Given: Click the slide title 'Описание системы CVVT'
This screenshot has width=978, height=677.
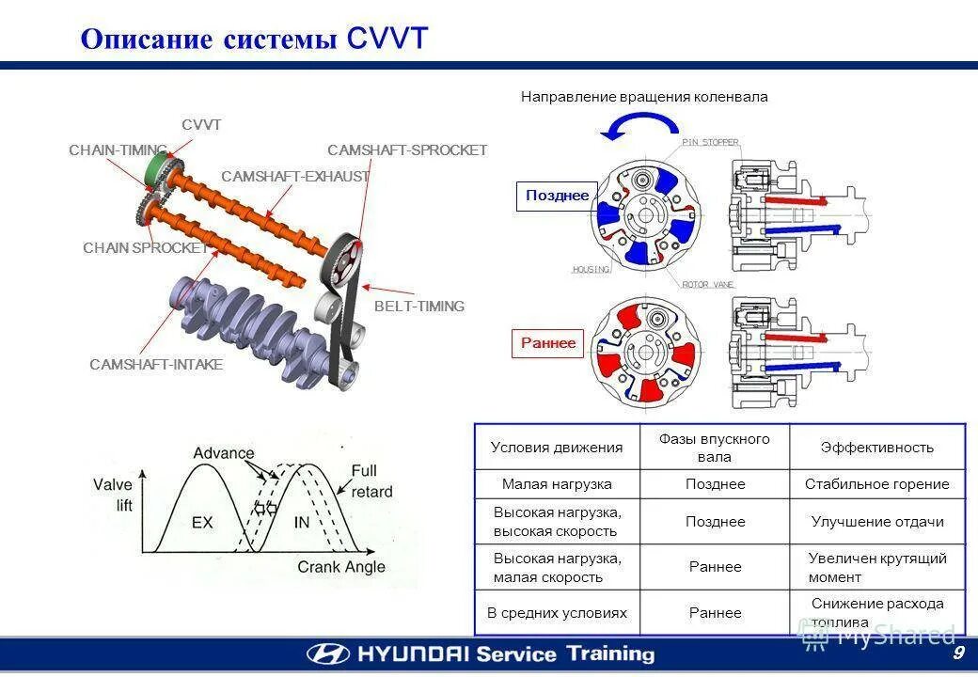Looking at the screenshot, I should point(254,39).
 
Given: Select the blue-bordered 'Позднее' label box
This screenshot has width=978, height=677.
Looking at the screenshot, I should point(557,196).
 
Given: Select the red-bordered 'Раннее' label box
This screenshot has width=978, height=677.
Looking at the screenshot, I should point(548,343).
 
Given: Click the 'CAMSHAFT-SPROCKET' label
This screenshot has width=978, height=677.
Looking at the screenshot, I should point(407,150).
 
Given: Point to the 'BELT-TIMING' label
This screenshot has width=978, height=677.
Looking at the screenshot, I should point(419,307).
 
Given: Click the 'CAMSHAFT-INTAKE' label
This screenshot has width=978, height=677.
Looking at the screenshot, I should point(156,365).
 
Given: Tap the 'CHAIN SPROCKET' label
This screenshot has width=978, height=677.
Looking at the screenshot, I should point(145,248).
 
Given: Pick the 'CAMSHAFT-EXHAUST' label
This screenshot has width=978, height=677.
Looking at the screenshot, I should point(295,177).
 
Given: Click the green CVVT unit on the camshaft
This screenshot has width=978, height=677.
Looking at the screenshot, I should point(156,172).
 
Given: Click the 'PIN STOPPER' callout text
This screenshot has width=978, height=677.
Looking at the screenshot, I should point(710,142).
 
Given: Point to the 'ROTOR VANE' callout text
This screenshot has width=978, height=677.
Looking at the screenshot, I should point(707,284).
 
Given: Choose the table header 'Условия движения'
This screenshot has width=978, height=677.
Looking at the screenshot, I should point(557,448).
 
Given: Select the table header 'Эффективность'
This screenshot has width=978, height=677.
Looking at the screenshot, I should point(876,448).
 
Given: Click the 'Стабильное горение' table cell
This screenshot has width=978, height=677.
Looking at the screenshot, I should point(876,484).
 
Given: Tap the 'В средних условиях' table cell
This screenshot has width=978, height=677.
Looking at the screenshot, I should point(557,613).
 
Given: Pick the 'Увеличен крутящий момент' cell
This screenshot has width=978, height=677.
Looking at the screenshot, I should point(876,567).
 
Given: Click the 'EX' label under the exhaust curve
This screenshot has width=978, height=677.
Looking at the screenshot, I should point(202,521).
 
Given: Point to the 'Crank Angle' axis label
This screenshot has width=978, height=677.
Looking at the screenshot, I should point(341,567).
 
